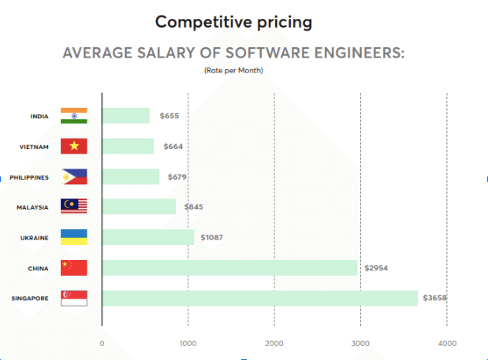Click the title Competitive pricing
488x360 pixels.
[233, 21]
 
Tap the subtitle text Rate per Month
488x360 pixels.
[233, 70]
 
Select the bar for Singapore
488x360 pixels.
[259, 298]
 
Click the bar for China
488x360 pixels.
[229, 268]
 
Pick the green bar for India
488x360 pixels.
[125, 116]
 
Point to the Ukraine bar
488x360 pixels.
[148, 237]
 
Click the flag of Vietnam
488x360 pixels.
[74, 147]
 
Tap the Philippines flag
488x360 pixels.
[74, 176]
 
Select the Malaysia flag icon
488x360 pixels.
[74, 206]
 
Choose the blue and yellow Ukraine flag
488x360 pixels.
[74, 237]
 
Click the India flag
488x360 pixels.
[74, 116]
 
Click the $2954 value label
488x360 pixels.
[375, 268]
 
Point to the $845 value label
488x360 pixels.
[193, 206]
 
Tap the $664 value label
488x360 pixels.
[173, 147]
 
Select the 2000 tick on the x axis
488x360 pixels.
[274, 343]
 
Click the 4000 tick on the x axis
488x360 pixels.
[446, 343]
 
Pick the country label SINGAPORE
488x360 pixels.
[30, 299]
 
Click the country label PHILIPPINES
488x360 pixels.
[29, 177]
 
